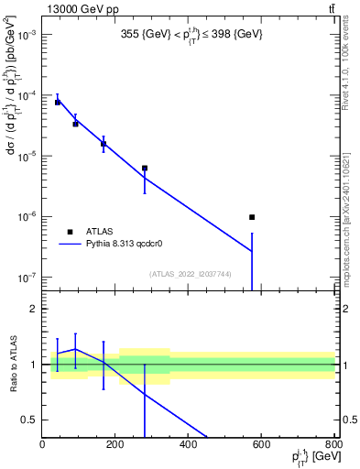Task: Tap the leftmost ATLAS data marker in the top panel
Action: [x=57, y=103]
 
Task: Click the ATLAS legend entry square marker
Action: [x=70, y=232]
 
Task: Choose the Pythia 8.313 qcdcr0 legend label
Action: [x=138, y=245]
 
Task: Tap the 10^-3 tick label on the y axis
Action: [x=27, y=34]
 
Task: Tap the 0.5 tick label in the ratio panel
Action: [x=30, y=420]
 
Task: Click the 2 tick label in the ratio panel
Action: [x=34, y=310]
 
